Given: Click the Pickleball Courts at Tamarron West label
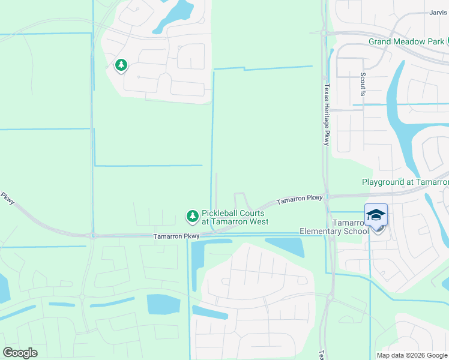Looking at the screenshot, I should tap(235, 217).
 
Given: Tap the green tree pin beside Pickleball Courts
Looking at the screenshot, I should tap(192, 215).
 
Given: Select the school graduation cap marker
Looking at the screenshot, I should tap(376, 215).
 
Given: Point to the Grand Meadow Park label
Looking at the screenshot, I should tap(406, 41).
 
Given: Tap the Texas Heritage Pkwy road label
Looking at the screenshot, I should tap(327, 114).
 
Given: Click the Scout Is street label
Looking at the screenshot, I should tap(363, 85).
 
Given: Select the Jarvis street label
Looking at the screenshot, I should tap(439, 13).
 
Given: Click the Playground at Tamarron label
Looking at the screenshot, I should tap(405, 182).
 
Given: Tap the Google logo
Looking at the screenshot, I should tap(20, 352).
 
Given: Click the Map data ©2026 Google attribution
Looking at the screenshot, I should tap(412, 355).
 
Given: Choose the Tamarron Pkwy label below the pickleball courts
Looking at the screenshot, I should tap(176, 236).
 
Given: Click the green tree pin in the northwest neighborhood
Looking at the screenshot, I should tap(121, 65).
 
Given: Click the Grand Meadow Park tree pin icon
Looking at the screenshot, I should tap(448, 41).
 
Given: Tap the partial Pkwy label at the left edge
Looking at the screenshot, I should tap(7, 198).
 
